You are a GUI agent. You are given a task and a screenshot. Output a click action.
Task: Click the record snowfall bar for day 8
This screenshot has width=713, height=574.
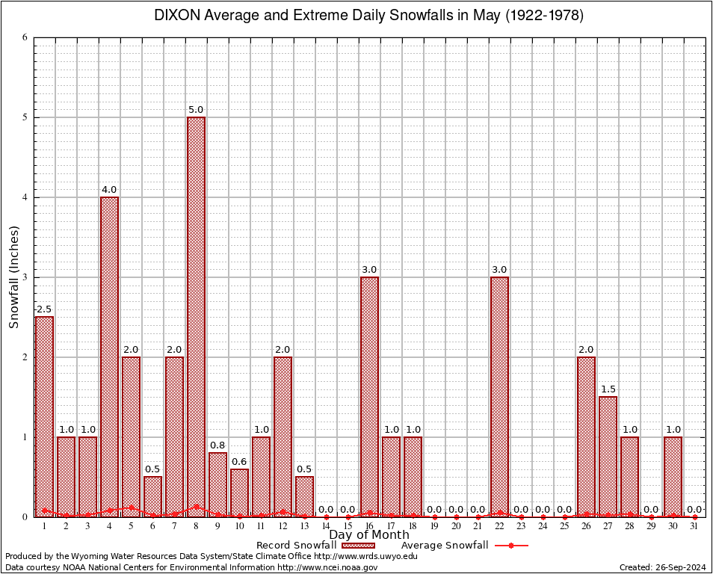click(196, 314)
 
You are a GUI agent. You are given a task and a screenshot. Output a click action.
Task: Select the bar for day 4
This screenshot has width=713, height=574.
click(109, 355)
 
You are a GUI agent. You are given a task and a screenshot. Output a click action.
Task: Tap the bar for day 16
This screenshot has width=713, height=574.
click(369, 396)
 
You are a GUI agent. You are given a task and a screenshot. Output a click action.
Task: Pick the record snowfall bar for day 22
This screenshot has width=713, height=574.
click(499, 396)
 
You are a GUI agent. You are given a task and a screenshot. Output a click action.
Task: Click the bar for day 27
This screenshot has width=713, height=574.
click(608, 456)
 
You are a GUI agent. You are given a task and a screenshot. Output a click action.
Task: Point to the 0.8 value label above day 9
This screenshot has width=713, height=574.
click(217, 445)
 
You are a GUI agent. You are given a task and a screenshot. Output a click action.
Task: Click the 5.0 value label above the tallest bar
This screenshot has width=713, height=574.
click(196, 110)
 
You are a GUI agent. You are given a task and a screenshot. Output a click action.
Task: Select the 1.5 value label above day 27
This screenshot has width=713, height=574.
click(608, 389)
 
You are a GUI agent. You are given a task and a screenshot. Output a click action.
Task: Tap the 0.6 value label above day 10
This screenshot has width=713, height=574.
click(239, 461)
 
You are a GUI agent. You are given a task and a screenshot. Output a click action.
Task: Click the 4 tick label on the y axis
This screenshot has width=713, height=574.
click(25, 197)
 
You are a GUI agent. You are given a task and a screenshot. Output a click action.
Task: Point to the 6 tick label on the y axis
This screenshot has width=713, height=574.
click(25, 37)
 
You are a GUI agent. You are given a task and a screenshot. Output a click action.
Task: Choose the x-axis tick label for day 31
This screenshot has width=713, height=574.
click(694, 526)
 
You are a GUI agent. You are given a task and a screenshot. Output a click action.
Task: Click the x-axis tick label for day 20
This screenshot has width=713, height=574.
click(456, 526)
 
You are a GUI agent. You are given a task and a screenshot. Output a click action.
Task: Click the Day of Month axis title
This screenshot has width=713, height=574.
click(369, 534)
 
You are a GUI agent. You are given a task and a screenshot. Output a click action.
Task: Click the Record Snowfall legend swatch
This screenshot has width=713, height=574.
click(358, 546)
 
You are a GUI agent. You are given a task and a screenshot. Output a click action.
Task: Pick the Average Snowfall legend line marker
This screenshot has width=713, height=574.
click(510, 546)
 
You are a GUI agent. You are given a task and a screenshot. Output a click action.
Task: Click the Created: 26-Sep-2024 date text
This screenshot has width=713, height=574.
click(662, 567)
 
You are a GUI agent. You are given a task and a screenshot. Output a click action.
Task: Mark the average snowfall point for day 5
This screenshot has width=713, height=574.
click(131, 507)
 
